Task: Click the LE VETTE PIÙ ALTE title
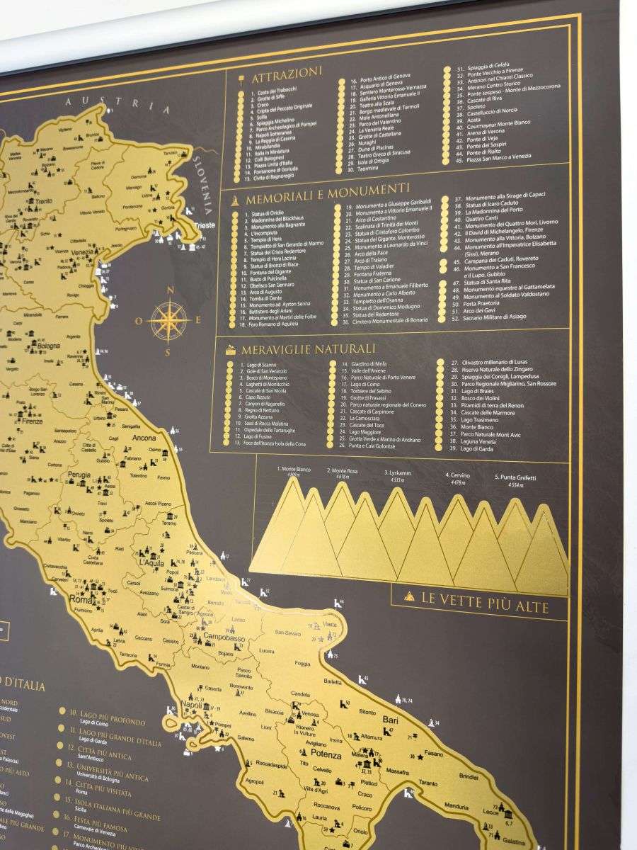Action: pos(485,598)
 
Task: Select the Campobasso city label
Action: pos(224,638)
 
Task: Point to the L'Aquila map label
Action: pos(152,562)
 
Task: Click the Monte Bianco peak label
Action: pos(295,469)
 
